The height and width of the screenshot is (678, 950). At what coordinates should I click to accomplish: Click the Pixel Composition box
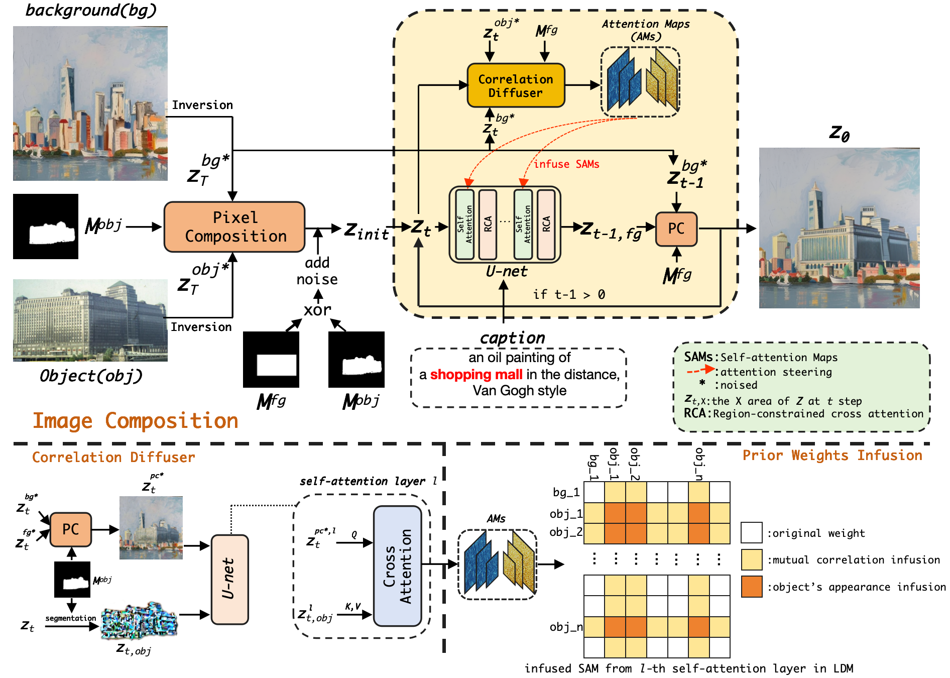click(234, 227)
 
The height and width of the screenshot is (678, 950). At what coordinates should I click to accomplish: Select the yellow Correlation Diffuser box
click(516, 85)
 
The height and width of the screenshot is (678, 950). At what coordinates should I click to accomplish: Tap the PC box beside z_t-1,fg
click(676, 229)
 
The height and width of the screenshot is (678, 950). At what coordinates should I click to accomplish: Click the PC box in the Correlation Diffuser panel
click(70, 529)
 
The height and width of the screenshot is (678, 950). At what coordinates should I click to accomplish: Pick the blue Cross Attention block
click(397, 566)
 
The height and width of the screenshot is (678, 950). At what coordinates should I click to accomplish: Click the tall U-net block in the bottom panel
click(229, 579)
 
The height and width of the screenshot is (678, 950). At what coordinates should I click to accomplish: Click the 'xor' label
click(317, 310)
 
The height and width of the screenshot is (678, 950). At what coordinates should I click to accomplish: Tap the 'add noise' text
click(317, 271)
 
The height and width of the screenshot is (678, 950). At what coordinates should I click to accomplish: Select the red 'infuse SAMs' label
click(566, 164)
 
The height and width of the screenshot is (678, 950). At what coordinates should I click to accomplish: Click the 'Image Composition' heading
click(135, 421)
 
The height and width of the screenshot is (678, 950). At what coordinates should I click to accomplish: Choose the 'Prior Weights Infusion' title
click(832, 456)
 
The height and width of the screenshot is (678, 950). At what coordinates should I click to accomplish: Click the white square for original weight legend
click(751, 533)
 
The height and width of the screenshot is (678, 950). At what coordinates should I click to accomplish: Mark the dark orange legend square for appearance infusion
click(751, 587)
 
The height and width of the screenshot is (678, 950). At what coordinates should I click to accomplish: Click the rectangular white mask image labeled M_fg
click(271, 360)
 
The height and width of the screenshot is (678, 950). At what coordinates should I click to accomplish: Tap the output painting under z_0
click(839, 228)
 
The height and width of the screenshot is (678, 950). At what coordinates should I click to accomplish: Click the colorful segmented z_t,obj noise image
click(139, 621)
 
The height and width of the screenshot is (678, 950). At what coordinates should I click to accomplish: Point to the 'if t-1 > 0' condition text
click(568, 294)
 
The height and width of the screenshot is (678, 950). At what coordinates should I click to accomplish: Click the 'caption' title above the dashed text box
click(512, 338)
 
